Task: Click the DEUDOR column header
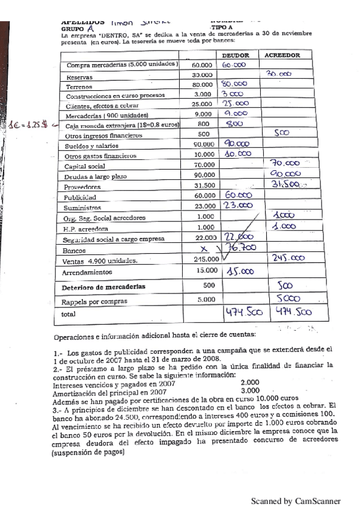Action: point(239,55)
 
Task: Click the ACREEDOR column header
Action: point(281,55)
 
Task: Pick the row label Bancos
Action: point(73,250)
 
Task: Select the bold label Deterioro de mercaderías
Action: point(103,287)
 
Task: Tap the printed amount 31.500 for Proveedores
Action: point(202,186)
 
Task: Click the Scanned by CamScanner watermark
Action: point(296,500)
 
